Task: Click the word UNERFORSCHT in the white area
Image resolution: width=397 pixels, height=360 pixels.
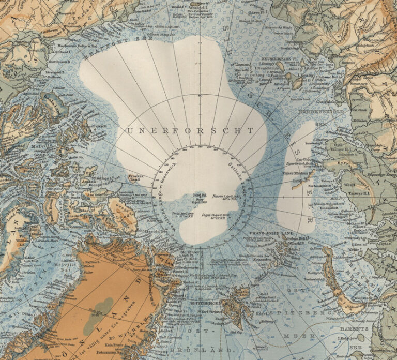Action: [190, 130]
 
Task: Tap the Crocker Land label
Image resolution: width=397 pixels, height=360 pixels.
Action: [135, 178]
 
